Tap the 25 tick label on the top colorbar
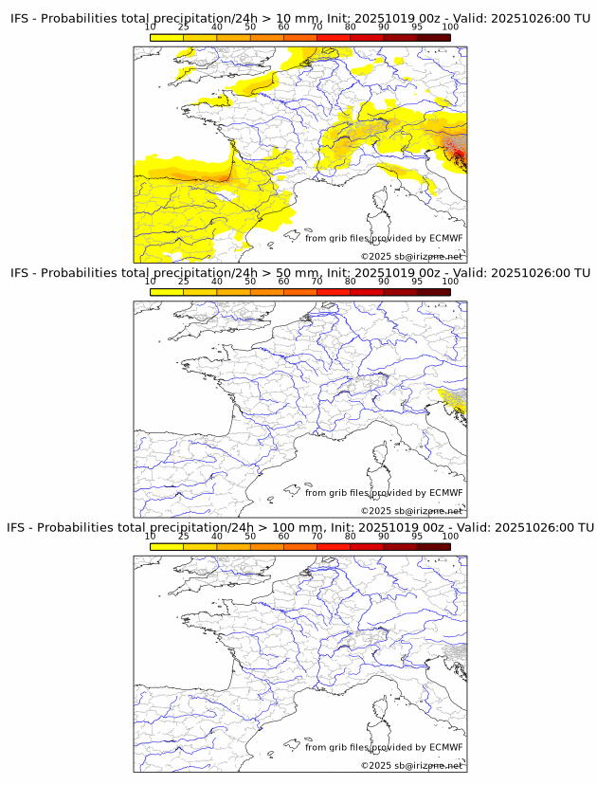point(184,27)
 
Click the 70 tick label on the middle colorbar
point(317,282)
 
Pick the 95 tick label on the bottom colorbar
point(417,536)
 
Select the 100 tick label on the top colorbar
point(450,27)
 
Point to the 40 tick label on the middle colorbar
point(217,282)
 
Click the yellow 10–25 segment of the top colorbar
point(167,37)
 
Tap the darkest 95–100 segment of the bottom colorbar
point(433,546)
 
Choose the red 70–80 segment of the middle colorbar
point(333,291)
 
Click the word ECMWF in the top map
point(446,238)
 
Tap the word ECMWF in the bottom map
point(446,747)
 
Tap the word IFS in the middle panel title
point(21,273)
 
